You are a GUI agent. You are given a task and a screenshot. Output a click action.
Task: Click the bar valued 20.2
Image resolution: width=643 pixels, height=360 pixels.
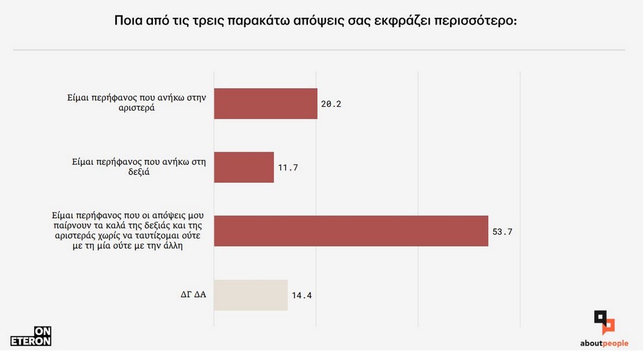pyautogui.click(x=265, y=104)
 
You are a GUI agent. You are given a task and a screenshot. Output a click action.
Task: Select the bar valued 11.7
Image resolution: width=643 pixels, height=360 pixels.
pyautogui.click(x=244, y=167)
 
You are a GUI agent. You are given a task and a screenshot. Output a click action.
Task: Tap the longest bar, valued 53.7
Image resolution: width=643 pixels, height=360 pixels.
pyautogui.click(x=350, y=231)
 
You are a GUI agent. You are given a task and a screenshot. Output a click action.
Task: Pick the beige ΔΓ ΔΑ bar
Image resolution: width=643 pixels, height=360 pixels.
pyautogui.click(x=250, y=296)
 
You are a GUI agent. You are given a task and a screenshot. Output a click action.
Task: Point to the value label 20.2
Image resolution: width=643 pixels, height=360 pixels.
pyautogui.click(x=331, y=104)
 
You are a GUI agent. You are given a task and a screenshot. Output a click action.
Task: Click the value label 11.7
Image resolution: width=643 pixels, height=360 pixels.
pyautogui.click(x=287, y=168)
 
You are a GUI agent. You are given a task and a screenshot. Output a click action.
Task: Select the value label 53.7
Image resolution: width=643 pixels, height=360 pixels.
pyautogui.click(x=502, y=231)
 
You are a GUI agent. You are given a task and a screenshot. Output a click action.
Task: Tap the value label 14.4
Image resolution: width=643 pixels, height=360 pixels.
pyautogui.click(x=301, y=296)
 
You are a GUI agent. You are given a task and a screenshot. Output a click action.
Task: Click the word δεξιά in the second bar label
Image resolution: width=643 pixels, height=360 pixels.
pyautogui.click(x=136, y=173)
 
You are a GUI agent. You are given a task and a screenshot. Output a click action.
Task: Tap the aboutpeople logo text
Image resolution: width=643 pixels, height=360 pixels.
pyautogui.click(x=599, y=344)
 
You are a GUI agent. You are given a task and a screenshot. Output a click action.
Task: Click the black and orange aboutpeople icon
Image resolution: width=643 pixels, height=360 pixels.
pyautogui.click(x=603, y=322)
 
